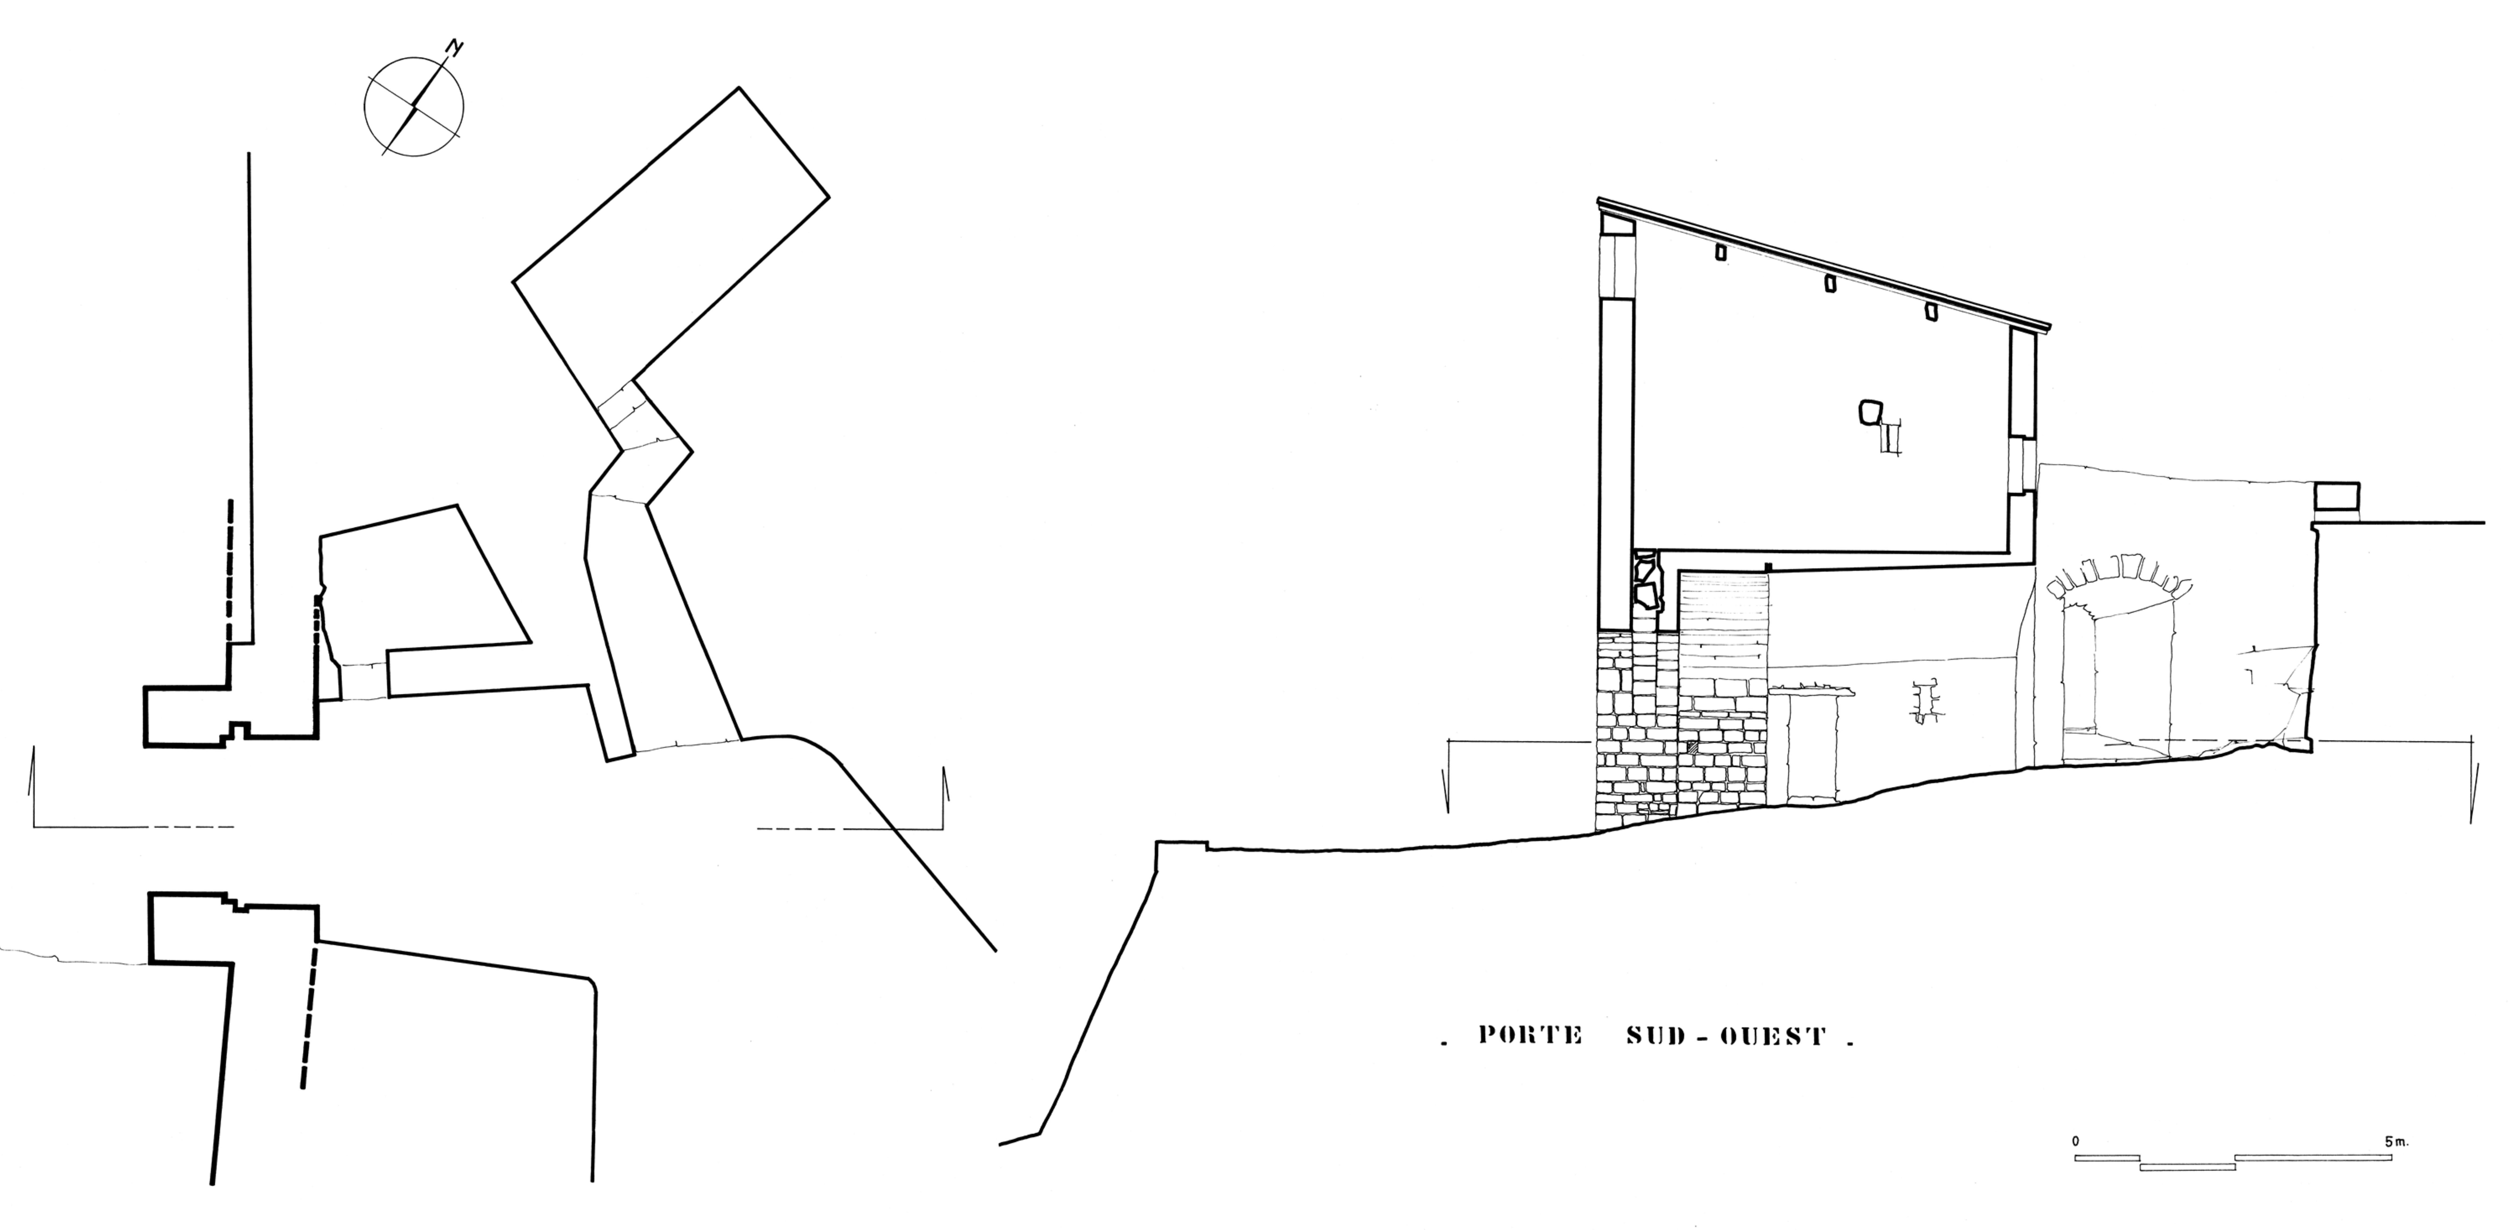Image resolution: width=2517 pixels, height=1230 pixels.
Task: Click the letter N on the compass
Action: click(454, 47)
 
